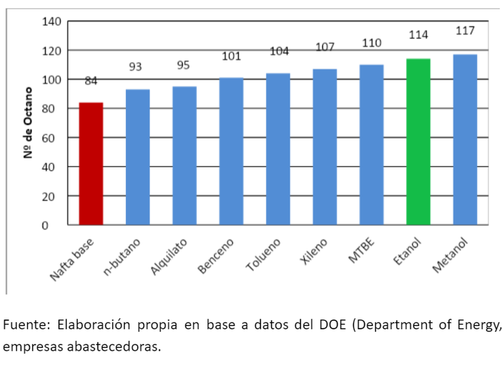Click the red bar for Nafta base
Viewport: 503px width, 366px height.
(91, 164)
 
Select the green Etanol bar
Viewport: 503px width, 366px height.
(418, 142)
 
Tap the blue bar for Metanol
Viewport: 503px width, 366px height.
(465, 140)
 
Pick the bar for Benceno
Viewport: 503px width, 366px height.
(231, 151)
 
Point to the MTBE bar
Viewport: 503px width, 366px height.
(371, 145)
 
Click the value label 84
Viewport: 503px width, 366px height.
(91, 81)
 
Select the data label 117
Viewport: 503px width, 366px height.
(465, 31)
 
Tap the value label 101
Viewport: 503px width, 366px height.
(231, 56)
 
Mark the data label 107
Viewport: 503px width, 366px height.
(325, 47)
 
